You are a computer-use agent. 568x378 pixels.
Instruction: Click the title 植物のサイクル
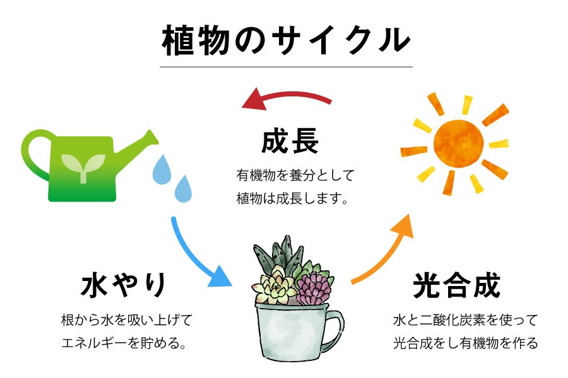click(286, 40)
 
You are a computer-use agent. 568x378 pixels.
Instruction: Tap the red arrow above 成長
click(286, 95)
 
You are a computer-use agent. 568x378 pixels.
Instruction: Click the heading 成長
click(290, 141)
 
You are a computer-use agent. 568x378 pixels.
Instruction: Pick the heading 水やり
click(124, 285)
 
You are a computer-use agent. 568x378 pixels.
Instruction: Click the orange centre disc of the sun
click(458, 144)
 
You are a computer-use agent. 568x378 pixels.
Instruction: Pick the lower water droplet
click(183, 189)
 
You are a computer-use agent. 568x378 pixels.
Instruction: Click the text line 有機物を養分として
click(295, 175)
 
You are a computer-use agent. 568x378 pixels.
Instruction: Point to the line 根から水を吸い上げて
click(127, 320)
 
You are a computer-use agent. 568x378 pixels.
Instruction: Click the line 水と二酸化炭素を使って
click(466, 320)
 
